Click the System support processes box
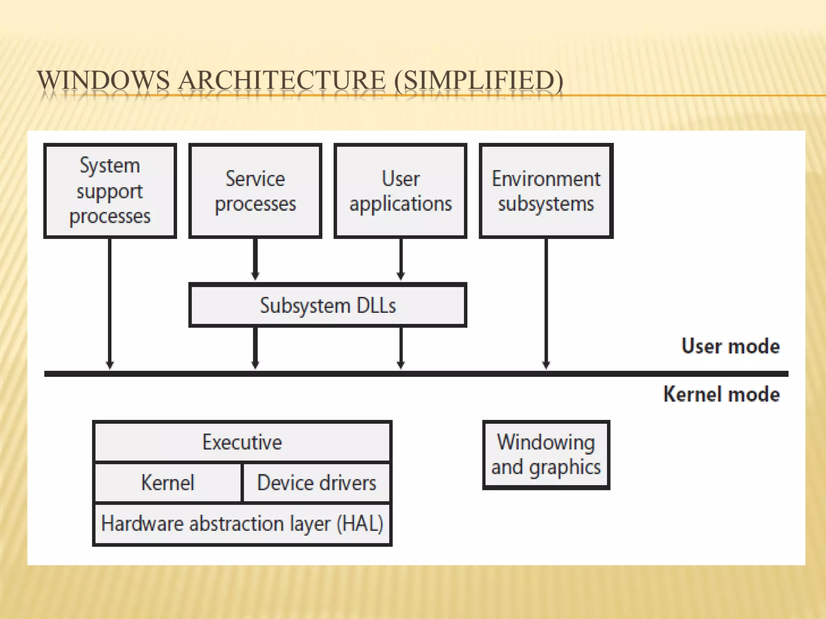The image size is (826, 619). click(110, 191)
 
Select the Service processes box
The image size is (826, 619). click(255, 191)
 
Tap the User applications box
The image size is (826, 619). click(400, 191)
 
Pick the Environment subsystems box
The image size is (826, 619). click(546, 191)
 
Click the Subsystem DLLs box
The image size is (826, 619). click(327, 305)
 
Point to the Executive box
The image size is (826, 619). click(242, 442)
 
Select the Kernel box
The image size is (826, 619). click(167, 482)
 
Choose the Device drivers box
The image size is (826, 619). click(317, 482)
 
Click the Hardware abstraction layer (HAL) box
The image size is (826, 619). click(242, 523)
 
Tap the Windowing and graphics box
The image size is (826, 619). click(546, 455)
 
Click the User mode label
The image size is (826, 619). click(730, 346)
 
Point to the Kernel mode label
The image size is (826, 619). click(722, 394)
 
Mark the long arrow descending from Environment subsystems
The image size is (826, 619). click(546, 302)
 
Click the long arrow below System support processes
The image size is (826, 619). click(110, 302)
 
